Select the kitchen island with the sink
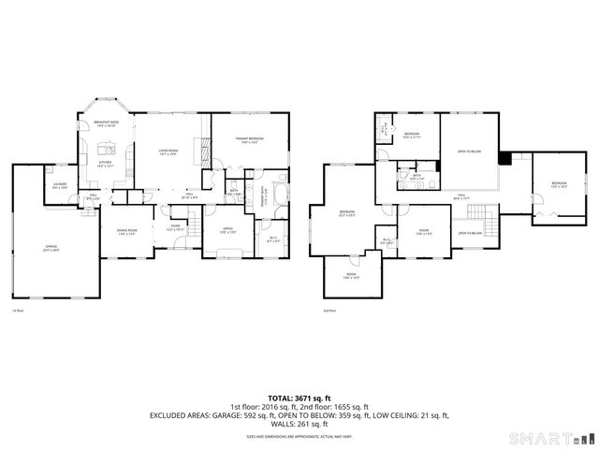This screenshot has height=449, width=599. pos(105,149)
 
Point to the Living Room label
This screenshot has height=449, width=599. pos(168,152)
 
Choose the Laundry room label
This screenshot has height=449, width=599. pos(59,186)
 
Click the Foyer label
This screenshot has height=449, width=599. pos(174,227)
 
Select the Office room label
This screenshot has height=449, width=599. pos(226,230)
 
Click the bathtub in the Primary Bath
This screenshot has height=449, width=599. pos(283,189)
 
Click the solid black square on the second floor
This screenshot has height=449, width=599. pos(504,157)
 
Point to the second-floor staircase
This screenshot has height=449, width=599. pos(479,210)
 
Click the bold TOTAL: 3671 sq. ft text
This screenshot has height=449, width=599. pos(299,398)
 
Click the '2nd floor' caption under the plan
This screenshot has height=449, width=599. pos(329,310)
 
